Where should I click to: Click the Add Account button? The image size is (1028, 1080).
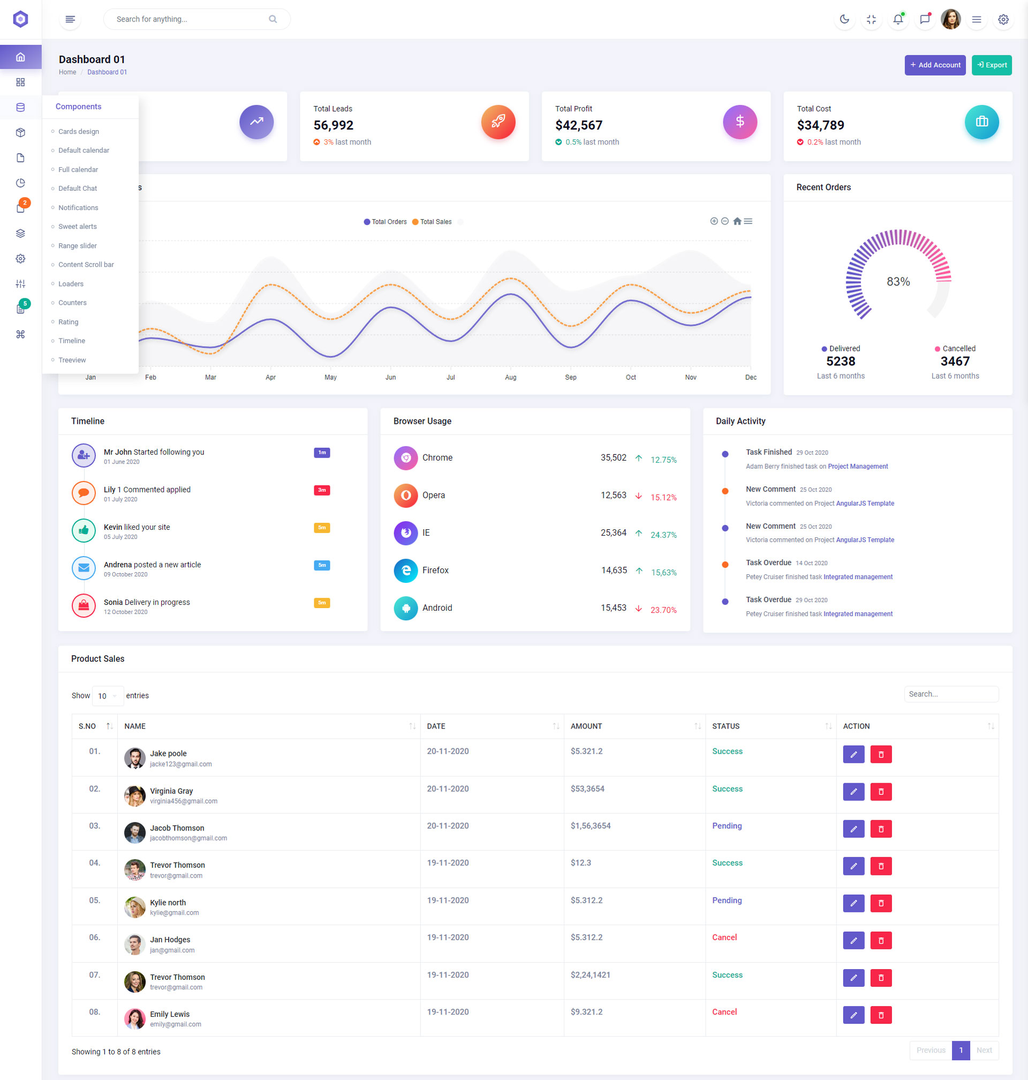click(934, 65)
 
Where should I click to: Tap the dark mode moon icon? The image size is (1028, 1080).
click(844, 19)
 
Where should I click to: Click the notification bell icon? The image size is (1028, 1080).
click(897, 19)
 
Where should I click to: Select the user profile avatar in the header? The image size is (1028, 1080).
click(950, 19)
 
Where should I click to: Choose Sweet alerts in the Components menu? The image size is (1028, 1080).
click(77, 227)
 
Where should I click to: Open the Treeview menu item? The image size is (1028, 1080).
click(72, 360)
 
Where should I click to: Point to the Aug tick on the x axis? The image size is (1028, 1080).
click(510, 377)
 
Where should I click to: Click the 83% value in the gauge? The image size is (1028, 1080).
click(898, 282)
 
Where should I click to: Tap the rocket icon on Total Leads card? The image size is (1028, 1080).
click(497, 122)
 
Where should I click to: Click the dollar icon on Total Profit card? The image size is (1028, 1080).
click(739, 122)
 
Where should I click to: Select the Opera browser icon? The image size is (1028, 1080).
click(405, 495)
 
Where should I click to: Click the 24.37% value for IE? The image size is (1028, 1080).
click(663, 535)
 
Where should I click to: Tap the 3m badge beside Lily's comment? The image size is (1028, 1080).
click(322, 490)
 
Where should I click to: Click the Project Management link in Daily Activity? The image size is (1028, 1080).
click(858, 467)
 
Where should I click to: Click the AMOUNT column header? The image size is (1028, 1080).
click(586, 726)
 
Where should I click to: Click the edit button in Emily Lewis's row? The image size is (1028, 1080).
click(853, 1015)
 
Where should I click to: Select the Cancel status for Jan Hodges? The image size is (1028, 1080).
click(724, 937)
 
